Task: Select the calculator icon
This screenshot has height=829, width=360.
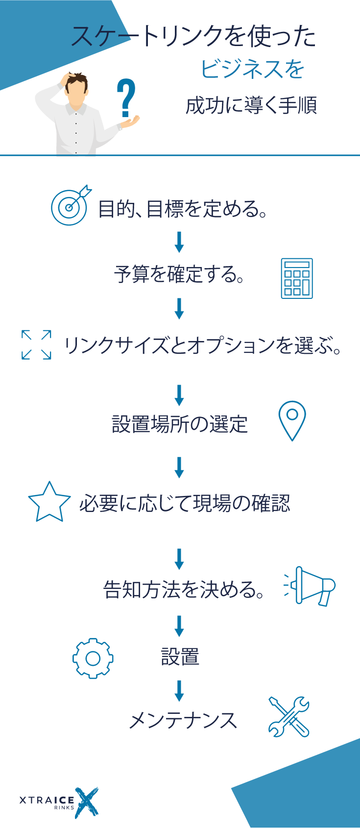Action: tap(297, 278)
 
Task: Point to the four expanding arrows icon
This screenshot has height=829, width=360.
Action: tap(36, 345)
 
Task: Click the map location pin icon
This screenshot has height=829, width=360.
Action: tap(292, 420)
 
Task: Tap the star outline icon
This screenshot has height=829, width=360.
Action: tap(49, 503)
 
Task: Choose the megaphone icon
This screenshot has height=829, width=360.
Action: tap(311, 586)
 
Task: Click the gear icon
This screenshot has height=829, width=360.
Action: tap(93, 658)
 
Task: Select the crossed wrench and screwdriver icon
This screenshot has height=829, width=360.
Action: tap(289, 717)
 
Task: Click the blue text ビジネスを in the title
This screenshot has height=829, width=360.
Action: tap(252, 69)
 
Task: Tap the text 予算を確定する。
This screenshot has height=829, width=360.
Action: tap(179, 274)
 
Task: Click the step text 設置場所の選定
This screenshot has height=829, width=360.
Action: tap(180, 424)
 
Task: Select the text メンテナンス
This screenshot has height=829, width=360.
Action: tap(183, 721)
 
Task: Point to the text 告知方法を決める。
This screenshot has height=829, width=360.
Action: tap(184, 589)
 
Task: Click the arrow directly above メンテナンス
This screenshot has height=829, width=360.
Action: tap(179, 691)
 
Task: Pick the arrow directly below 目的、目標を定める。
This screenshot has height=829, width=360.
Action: tap(179, 242)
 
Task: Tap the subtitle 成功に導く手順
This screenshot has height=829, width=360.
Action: tap(251, 105)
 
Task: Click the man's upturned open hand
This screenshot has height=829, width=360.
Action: tap(129, 122)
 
